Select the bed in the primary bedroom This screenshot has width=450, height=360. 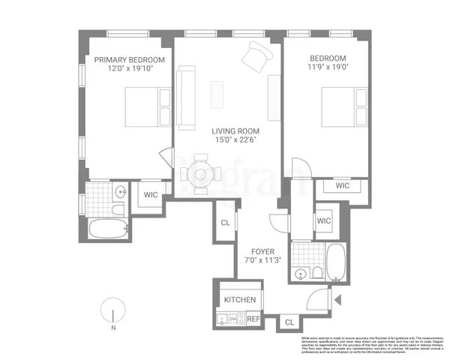point(142,106)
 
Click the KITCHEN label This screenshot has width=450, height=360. point(240,300)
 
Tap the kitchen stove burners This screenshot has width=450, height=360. point(232,319)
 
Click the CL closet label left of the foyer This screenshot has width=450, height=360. point(226,222)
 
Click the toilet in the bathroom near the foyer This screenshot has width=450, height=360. point(316,271)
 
